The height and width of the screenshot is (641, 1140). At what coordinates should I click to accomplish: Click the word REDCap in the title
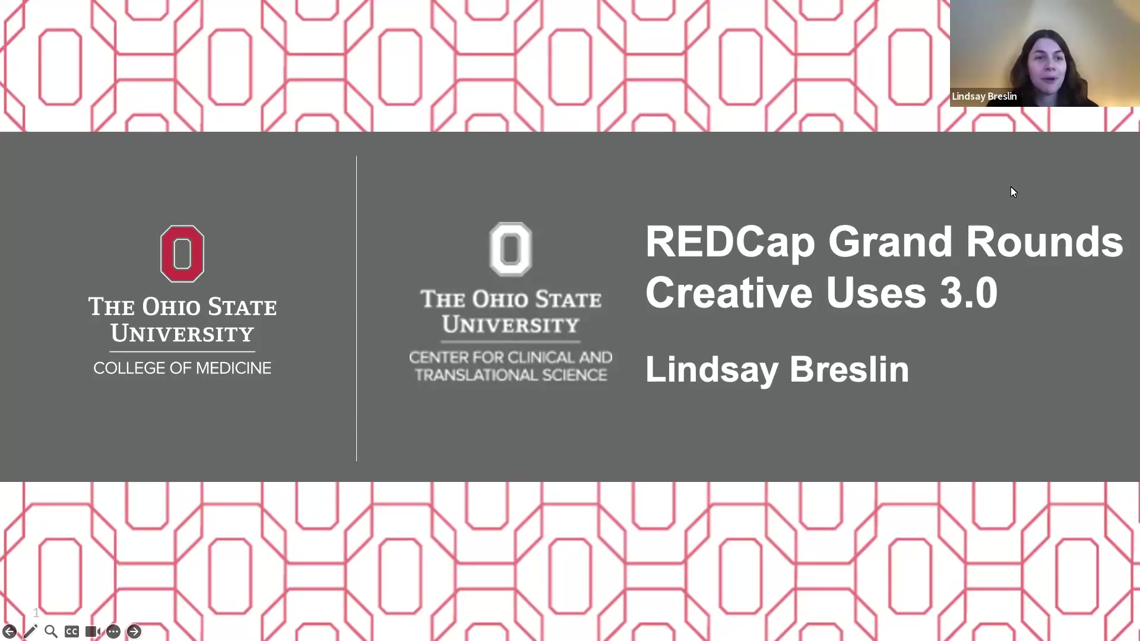coord(730,242)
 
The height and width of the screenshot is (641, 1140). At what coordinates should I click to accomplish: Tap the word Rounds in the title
coord(1044,242)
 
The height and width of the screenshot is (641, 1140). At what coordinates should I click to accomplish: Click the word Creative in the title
coord(729,293)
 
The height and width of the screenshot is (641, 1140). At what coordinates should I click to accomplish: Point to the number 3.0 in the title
coord(968,293)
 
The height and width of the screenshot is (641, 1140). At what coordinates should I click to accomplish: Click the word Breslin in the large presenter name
coord(849,369)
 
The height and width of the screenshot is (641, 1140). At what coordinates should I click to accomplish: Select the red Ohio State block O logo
coord(182,253)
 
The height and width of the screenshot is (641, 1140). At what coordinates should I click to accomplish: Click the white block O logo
coord(511,249)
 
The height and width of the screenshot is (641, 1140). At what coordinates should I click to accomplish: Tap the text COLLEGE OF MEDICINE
coord(182,368)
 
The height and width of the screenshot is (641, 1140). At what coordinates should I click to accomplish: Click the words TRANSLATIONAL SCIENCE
coord(511,375)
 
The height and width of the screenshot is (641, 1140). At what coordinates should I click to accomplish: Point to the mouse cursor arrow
coord(1013,191)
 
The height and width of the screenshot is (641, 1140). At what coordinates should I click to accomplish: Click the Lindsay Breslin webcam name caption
coord(984,96)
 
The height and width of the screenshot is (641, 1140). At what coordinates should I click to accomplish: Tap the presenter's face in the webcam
coord(1049,65)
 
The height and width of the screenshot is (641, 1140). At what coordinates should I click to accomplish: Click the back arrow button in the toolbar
coord(9,632)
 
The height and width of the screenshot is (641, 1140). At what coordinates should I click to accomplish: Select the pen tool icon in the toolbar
coord(30,632)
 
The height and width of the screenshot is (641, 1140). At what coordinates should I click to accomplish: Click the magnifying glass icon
coord(51,632)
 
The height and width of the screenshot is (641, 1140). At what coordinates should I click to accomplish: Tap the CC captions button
coord(72,632)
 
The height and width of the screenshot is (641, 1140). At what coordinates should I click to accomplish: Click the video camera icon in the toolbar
coord(93,632)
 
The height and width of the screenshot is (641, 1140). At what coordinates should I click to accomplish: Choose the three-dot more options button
coord(113,632)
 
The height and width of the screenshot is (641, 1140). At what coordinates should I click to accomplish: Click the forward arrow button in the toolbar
coord(134,632)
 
